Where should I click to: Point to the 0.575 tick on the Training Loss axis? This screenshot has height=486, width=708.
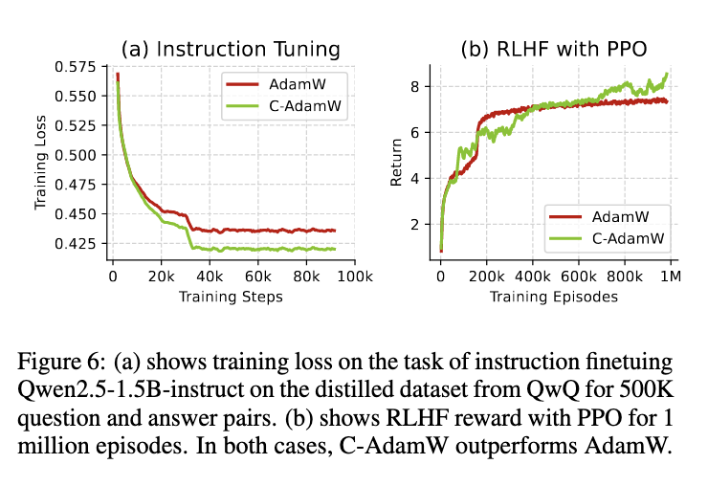[80, 67]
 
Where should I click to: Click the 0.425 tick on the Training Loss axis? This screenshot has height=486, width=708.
[80, 243]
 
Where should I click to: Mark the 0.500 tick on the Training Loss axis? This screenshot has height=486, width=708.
[80, 155]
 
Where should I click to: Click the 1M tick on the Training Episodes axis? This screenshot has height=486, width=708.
[672, 277]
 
